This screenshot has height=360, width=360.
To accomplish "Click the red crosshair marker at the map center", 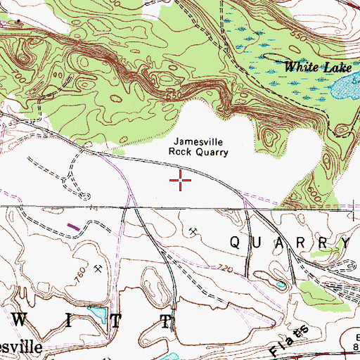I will click(181, 181).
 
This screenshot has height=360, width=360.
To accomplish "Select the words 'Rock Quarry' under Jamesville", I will click(199, 151).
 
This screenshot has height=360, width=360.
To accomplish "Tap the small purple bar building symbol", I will click(73, 226).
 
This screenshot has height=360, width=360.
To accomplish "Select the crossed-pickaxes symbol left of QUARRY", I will click(193, 230).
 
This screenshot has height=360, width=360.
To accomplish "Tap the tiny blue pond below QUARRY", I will click(281, 285).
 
